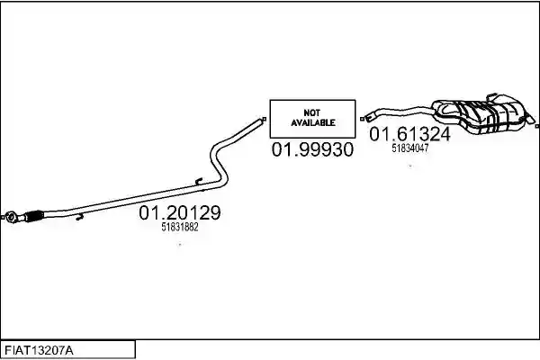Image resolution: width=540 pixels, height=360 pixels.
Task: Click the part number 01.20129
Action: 180,213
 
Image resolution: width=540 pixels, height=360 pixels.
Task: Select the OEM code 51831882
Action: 180,228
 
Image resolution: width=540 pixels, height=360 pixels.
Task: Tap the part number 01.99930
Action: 312,149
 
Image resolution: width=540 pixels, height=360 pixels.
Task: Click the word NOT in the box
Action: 312,112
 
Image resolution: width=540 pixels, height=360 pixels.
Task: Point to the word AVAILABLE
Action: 312,122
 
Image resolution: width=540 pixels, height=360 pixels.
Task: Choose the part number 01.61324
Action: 409,134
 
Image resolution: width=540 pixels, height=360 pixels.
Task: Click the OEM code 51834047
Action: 410,148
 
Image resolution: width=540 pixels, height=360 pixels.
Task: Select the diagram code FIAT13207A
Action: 39,351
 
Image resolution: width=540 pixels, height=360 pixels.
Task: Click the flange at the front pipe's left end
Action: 12,218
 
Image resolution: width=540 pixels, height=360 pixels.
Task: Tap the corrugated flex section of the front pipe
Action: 34,216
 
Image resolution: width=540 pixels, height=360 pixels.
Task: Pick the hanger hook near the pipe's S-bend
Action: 199,181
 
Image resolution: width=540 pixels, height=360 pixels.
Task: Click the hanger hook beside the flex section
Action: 80,217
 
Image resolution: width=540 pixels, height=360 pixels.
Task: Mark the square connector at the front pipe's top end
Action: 265,119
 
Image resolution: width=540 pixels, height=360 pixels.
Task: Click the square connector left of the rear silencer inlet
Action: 362,119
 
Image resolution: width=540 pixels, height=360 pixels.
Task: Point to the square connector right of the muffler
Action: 537,127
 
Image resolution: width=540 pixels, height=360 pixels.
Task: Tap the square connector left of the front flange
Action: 2,218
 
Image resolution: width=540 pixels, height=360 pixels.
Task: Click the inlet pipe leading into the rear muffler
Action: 400,112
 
